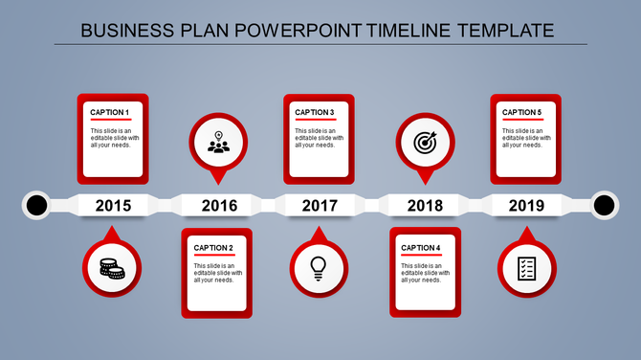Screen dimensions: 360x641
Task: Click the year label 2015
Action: [114, 205]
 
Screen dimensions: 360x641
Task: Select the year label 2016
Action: [218, 205]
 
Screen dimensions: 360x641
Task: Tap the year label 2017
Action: [320, 205]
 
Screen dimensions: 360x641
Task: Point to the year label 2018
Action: [424, 205]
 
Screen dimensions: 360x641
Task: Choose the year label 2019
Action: [525, 205]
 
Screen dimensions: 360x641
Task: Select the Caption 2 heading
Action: [214, 249]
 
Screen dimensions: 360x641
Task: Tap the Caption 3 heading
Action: [315, 112]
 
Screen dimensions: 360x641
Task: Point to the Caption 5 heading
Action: [522, 112]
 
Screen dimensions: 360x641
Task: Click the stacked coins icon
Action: [112, 269]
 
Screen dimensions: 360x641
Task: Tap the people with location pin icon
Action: [218, 144]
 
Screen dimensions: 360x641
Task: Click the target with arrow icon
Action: [425, 144]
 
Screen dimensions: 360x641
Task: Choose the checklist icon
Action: [525, 269]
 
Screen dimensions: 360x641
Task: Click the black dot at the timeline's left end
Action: [36, 205]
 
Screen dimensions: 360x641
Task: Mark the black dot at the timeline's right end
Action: [605, 205]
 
